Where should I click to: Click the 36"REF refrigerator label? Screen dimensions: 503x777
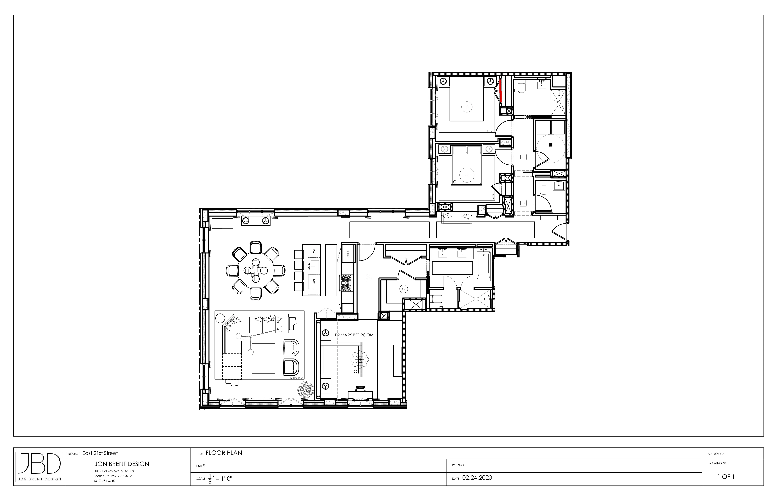(x=348, y=254)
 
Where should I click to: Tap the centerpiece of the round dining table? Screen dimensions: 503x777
(x=256, y=270)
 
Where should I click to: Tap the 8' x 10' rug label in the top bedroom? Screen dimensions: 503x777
(x=489, y=131)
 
